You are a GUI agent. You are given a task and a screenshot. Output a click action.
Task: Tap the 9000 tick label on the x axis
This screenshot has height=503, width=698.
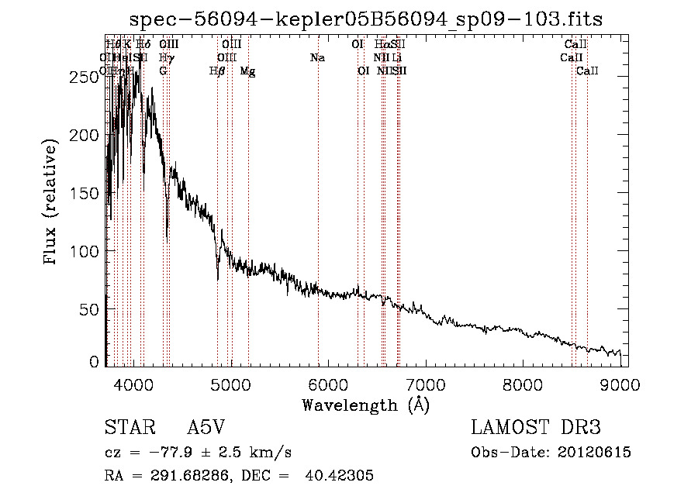620,385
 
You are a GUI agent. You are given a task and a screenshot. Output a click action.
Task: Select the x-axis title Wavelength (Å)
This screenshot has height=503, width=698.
365,405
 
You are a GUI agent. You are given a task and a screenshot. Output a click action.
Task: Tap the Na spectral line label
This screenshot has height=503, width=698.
316,58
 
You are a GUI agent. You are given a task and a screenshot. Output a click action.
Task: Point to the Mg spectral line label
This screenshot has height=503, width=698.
247,71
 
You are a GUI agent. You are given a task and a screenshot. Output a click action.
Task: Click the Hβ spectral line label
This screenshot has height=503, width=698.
218,71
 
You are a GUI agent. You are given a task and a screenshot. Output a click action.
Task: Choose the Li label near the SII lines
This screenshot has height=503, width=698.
396,58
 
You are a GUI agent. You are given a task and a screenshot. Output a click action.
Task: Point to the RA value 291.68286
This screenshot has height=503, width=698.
181,476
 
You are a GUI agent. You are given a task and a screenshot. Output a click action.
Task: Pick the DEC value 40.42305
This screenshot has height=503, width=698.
342,476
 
